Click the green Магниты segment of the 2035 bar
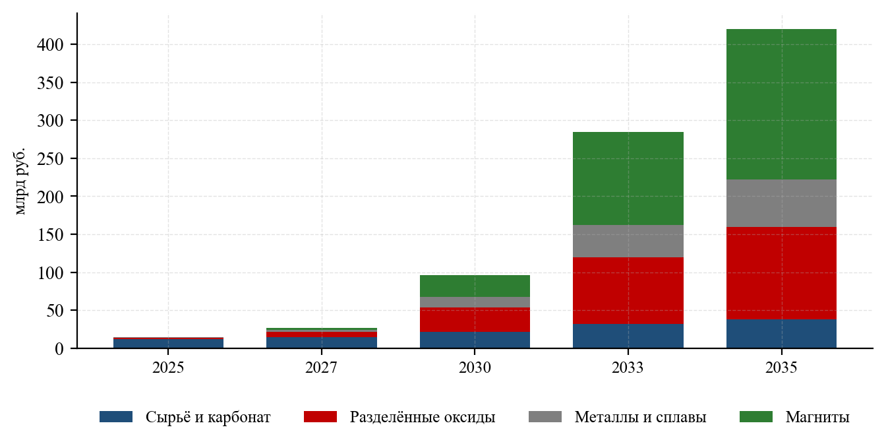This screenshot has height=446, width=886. tap(781, 104)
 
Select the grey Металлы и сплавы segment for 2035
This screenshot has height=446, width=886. tap(781, 203)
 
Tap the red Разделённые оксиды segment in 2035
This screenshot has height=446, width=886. tap(781, 273)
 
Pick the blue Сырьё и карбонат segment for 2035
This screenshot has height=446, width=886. tap(781, 334)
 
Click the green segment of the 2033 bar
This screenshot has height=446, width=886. tap(628, 179)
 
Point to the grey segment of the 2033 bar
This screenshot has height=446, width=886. tap(628, 241)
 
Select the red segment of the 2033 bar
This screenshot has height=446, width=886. tap(628, 291)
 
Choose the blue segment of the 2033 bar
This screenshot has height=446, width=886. tap(628, 336)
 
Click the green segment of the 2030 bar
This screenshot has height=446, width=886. tap(475, 286)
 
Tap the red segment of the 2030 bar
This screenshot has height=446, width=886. tap(475, 320)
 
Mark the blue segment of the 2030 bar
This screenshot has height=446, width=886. tap(475, 340)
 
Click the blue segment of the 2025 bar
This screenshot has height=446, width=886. tap(169, 344)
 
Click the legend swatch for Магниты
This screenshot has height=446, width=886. tap(756, 417)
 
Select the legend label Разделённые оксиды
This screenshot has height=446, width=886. tap(423, 417)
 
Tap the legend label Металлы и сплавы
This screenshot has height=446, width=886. tap(640, 417)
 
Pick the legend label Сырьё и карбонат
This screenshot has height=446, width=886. tap(208, 417)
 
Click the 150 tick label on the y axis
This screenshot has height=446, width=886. tap(50, 235)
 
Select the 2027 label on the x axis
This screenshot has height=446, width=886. tap(321, 367)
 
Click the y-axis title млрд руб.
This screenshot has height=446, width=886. tap(19, 181)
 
